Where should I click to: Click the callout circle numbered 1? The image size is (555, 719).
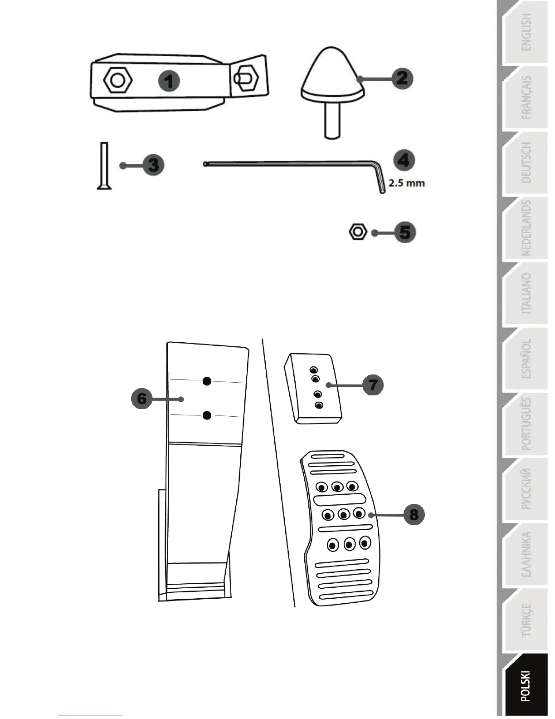click(x=169, y=82)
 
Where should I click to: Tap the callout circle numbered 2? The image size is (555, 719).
click(x=402, y=78)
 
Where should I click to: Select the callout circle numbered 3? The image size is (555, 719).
click(x=153, y=165)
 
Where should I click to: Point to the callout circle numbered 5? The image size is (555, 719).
click(x=404, y=232)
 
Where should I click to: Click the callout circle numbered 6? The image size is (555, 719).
click(x=141, y=399)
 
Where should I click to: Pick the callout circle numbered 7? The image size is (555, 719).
click(x=373, y=385)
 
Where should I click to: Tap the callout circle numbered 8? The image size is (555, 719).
click(x=414, y=514)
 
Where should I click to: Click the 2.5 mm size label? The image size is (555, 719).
click(x=407, y=184)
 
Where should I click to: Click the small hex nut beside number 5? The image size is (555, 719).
click(x=358, y=232)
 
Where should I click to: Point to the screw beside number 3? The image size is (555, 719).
click(x=104, y=166)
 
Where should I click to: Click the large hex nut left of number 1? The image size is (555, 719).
click(x=118, y=81)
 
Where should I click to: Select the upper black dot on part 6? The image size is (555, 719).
click(x=207, y=381)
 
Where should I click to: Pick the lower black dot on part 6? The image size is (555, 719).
click(x=207, y=415)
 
